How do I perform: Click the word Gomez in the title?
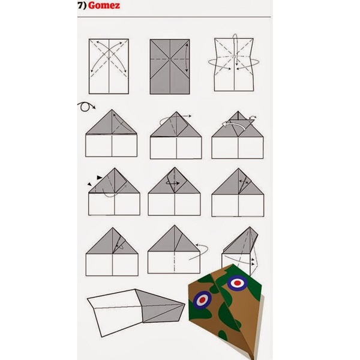tap(104, 5)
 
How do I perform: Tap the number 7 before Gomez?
tap(80, 5)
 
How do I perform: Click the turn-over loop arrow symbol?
tap(85, 107)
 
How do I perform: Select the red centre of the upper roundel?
tap(238, 283)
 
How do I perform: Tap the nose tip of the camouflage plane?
tap(254, 358)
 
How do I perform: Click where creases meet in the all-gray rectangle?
tap(170, 59)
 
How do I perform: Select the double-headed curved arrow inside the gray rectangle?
tap(187, 58)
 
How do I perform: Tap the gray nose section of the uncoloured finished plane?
tap(161, 306)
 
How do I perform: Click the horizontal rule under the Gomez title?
tap(174, 17)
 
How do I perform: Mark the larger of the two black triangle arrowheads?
tap(100, 178)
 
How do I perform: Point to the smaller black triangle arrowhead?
tap(89, 184)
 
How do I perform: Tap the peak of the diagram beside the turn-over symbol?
tap(112, 110)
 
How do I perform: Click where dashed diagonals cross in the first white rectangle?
tap(109, 58)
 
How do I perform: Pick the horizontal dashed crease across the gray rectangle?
tap(170, 59)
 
